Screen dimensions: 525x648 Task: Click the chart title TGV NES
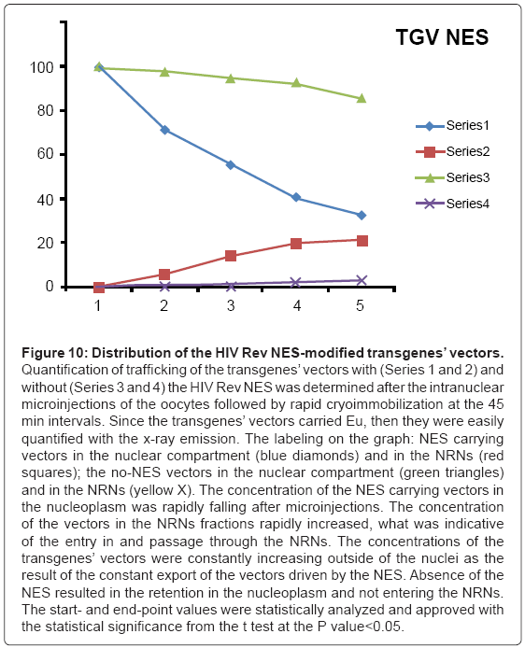pyautogui.click(x=442, y=37)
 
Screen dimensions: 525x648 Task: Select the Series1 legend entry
pyautogui.click(x=453, y=126)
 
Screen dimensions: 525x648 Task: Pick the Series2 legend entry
pyautogui.click(x=453, y=151)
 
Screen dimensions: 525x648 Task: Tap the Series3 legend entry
pyautogui.click(x=453, y=177)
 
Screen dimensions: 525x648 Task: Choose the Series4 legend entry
pyautogui.click(x=453, y=204)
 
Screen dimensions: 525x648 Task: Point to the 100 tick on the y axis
pyautogui.click(x=42, y=67)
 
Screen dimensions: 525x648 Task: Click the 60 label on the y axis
pyautogui.click(x=46, y=154)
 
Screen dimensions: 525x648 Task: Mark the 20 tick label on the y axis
pyautogui.click(x=46, y=243)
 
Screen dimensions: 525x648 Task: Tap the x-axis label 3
pyautogui.click(x=230, y=306)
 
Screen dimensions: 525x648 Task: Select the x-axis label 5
pyautogui.click(x=360, y=306)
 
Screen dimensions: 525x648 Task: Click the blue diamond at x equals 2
pyautogui.click(x=164, y=130)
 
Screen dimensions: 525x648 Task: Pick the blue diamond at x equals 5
pyautogui.click(x=362, y=216)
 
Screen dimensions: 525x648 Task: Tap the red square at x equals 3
pyautogui.click(x=231, y=256)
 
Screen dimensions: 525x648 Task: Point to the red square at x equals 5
pyautogui.click(x=362, y=241)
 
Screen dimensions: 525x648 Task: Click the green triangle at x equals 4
pyautogui.click(x=296, y=83)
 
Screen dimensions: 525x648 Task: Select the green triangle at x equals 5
pyautogui.click(x=362, y=98)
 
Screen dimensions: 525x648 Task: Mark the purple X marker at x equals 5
pyautogui.click(x=362, y=281)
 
